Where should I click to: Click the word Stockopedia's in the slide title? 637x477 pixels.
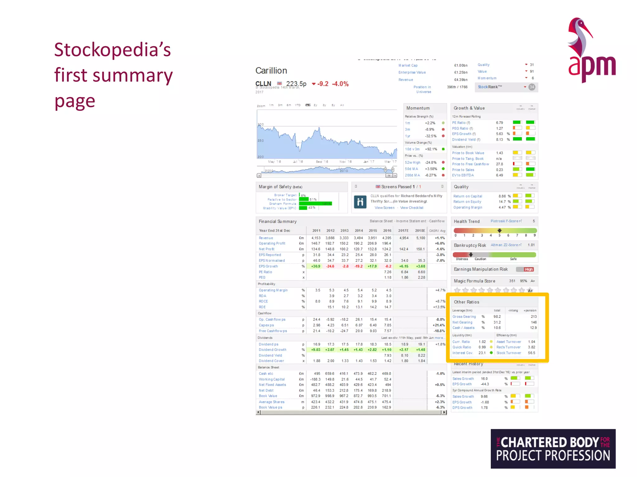(112, 50)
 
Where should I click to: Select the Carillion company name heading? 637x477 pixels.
(271, 71)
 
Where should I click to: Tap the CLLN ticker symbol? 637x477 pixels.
(263, 84)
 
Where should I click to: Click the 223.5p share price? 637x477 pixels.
(296, 84)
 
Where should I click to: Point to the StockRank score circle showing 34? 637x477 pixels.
(532, 87)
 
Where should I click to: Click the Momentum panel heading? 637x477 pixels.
(418, 108)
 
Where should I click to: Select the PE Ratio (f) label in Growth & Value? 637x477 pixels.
(461, 123)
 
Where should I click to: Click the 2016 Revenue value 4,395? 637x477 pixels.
(387, 238)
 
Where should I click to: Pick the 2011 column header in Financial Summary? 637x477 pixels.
(316, 231)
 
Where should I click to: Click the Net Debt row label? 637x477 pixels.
(266, 390)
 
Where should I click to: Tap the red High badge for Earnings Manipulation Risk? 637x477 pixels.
(529, 269)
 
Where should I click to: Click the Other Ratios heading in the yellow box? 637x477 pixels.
(466, 302)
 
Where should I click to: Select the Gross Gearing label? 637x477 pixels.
(464, 316)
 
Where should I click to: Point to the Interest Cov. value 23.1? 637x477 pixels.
(482, 353)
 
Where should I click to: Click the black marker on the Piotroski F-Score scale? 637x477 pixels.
(500, 230)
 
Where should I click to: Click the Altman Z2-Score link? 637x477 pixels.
(506, 245)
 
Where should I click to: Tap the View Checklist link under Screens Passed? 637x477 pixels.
(411, 208)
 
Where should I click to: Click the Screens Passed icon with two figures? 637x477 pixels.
(360, 202)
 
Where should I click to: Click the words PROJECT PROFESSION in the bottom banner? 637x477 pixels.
(553, 456)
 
